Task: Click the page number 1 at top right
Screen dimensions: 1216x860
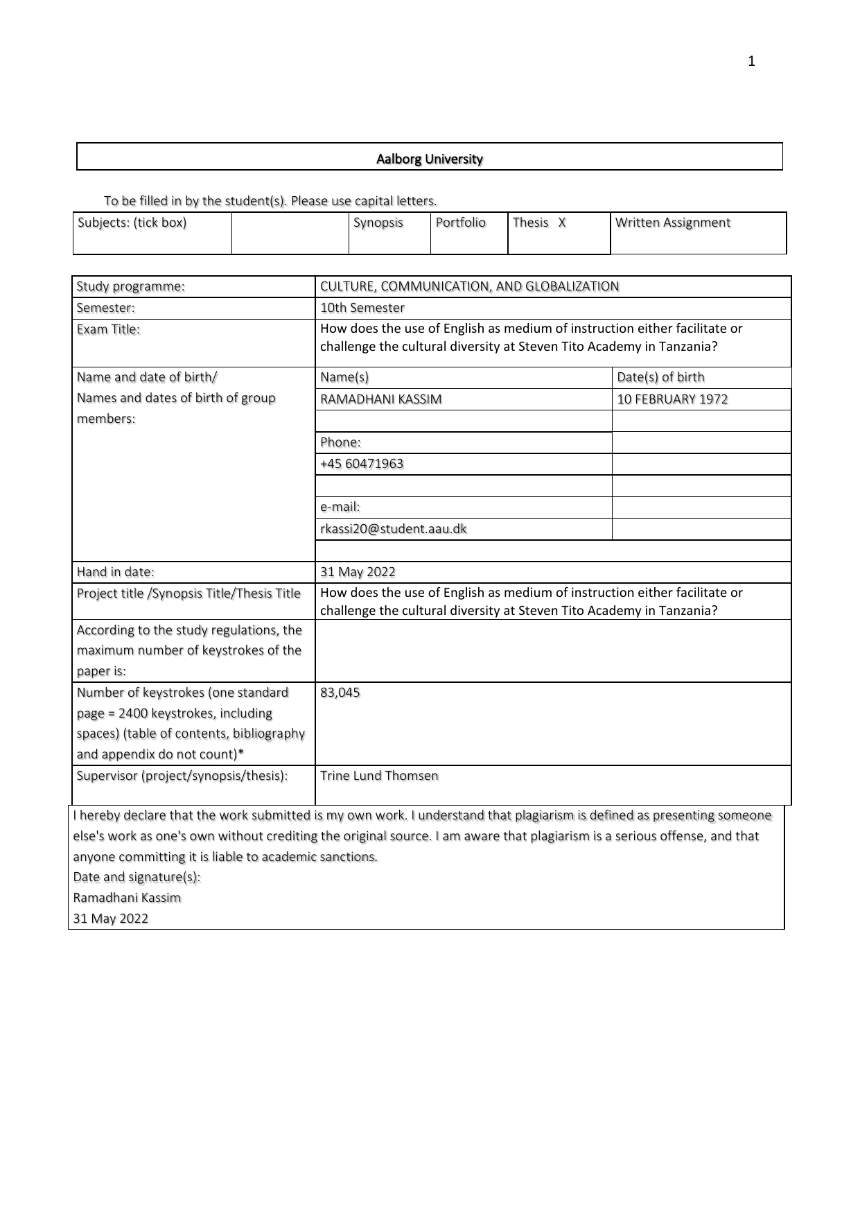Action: point(751,62)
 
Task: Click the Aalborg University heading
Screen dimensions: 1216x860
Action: point(429,159)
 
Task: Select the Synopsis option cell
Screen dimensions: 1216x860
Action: point(378,223)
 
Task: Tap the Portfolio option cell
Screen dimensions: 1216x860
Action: point(461,223)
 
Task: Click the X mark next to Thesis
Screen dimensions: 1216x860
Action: point(562,223)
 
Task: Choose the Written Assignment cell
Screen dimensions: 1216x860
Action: point(672,223)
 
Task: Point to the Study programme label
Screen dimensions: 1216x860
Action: point(130,286)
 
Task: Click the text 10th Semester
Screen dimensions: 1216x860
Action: point(362,308)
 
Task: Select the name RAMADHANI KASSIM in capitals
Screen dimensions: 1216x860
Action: point(380,399)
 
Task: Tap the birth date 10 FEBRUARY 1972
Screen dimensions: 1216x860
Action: point(672,399)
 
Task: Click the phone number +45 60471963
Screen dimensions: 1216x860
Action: point(361,464)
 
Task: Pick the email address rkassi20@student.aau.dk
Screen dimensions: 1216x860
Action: point(393,529)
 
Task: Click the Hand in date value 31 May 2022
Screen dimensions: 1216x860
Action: point(358,572)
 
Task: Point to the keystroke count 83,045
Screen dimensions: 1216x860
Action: point(340,693)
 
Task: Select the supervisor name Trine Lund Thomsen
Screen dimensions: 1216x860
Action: point(379,776)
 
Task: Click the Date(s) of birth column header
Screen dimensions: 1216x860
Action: point(660,377)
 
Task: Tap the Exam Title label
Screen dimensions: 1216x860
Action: point(108,329)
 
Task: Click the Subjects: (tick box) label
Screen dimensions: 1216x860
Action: point(132,223)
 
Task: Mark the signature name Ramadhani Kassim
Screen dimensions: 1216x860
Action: point(127,898)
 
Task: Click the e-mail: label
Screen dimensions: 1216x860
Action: point(340,507)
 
